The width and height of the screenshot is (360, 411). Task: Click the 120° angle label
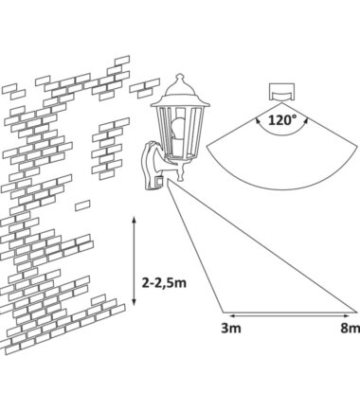click(x=282, y=120)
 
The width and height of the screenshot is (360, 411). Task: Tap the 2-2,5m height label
click(x=164, y=283)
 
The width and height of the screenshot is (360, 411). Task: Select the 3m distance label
click(x=231, y=329)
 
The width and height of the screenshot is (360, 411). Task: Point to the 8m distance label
click(x=350, y=329)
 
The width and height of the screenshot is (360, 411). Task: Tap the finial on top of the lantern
click(x=180, y=77)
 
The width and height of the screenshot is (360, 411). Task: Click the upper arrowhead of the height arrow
click(x=134, y=219)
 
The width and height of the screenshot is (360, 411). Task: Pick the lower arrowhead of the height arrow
click(x=134, y=303)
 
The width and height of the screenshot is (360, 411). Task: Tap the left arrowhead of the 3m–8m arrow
click(x=232, y=315)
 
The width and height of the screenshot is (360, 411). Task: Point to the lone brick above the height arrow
click(x=82, y=205)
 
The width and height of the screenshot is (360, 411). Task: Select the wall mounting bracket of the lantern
click(x=153, y=167)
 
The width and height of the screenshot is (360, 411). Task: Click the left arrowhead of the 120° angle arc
click(x=257, y=119)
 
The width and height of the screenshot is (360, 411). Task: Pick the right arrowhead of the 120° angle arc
click(x=306, y=120)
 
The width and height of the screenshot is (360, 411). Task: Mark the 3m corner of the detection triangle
click(x=224, y=313)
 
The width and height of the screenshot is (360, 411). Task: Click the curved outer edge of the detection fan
click(x=281, y=190)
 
